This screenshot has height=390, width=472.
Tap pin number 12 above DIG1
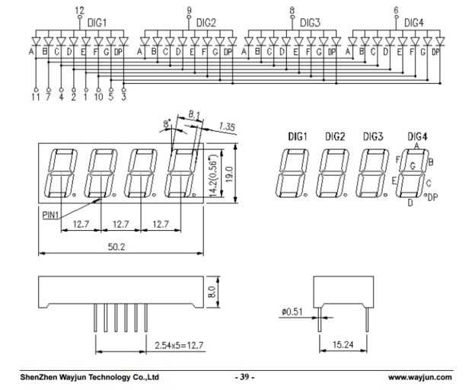coord(80,9)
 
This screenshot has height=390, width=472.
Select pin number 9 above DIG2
coord(189,9)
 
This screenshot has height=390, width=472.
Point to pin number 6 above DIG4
coord(396,9)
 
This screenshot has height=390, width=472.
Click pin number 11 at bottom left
coord(35,97)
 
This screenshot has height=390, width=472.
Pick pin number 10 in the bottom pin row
coord(98,97)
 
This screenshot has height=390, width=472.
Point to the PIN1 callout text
coord(51,216)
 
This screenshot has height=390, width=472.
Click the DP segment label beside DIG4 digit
coord(432,198)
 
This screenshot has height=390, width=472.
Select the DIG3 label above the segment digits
coord(372,136)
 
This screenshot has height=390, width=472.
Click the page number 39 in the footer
coord(245,377)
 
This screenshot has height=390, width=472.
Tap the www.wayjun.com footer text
coord(419,377)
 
